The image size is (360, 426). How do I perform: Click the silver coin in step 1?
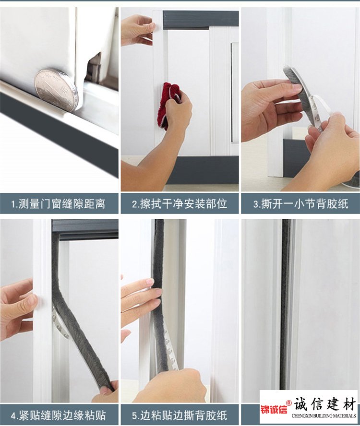57,89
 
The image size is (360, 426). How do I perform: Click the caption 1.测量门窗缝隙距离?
58,204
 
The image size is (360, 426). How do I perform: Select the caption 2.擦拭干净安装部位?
180,204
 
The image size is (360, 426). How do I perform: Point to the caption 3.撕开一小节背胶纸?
301,204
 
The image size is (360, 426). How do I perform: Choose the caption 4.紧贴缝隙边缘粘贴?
58,415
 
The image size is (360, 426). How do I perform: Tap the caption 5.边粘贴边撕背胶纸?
180,415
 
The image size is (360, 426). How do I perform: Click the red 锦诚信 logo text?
274,409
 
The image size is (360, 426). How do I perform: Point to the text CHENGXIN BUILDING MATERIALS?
324,415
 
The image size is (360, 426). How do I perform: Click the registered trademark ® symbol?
289,402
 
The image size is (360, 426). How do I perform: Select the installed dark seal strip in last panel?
286,304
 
